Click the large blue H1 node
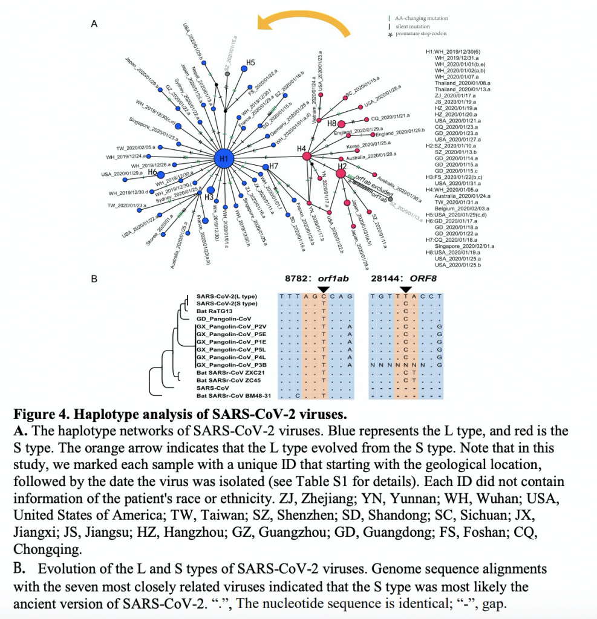(x=223, y=159)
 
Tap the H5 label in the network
(x=250, y=62)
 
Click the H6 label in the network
(x=153, y=172)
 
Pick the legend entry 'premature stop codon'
(x=421, y=34)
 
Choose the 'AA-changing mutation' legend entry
(x=421, y=19)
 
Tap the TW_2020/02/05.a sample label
(x=135, y=147)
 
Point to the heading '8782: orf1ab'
(x=318, y=279)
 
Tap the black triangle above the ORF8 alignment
(x=406, y=290)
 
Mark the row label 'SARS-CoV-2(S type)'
(x=227, y=303)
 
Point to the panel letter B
(x=94, y=280)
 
